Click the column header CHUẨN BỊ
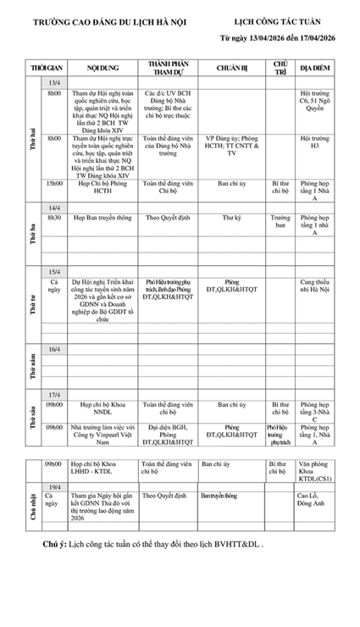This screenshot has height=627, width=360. click(x=230, y=67)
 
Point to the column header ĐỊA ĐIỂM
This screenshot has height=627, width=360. click(x=314, y=67)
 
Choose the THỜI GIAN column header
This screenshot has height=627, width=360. click(x=47, y=67)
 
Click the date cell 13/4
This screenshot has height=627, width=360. click(x=54, y=82)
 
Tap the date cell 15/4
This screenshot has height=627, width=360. click(x=54, y=271)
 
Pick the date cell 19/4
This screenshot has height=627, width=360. click(x=54, y=486)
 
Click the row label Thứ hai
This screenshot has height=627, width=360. click(x=32, y=140)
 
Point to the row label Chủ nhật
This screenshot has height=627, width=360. click(x=32, y=504)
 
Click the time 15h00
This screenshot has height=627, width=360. click(x=54, y=182)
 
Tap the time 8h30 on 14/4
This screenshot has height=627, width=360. click(x=54, y=218)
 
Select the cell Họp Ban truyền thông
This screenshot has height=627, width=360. click(x=102, y=218)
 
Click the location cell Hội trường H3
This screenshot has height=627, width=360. click(x=314, y=141)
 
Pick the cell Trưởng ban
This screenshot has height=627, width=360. click(x=280, y=222)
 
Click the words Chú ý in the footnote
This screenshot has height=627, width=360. click(x=56, y=544)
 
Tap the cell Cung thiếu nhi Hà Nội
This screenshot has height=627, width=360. click(x=314, y=285)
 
